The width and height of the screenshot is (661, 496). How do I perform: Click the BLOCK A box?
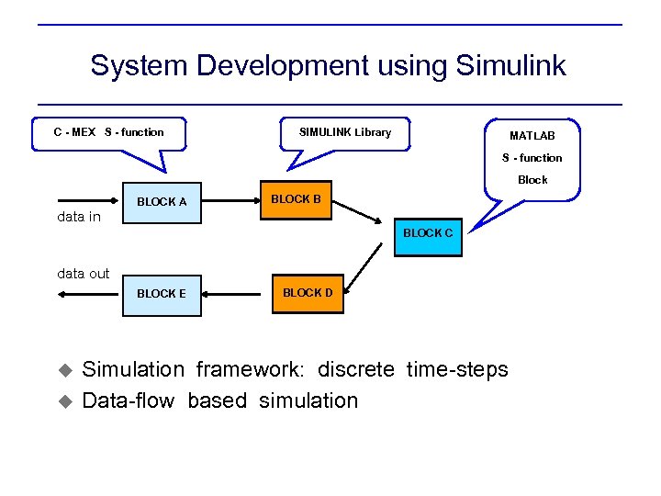pyautogui.click(x=162, y=202)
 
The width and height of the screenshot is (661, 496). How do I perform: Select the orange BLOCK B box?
pyautogui.click(x=296, y=199)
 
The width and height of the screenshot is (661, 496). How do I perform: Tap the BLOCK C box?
pyautogui.click(x=427, y=233)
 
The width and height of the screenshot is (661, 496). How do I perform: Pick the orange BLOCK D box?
pyautogui.click(x=308, y=293)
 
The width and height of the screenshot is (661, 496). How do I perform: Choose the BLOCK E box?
pyautogui.click(x=162, y=294)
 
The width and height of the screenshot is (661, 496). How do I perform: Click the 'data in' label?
pyautogui.click(x=79, y=218)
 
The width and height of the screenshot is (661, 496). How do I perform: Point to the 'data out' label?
pyautogui.click(x=83, y=273)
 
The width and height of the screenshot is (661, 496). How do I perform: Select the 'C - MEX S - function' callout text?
pyautogui.click(x=108, y=132)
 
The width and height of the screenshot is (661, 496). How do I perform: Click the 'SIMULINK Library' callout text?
pyautogui.click(x=345, y=132)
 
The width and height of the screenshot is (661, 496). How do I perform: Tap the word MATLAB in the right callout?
pyautogui.click(x=532, y=136)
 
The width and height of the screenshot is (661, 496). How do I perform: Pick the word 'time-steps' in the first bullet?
pyautogui.click(x=456, y=369)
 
